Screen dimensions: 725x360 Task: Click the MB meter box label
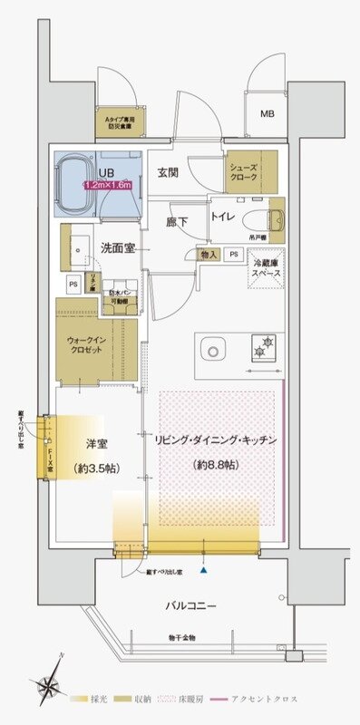pos(268,114)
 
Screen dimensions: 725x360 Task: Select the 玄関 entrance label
pos(168,172)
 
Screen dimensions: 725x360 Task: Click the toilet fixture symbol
pos(274,218)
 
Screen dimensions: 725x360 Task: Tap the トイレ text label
pos(223,217)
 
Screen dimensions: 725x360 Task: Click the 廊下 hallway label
pos(178,221)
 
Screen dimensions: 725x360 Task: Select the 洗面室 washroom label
pos(119,246)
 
